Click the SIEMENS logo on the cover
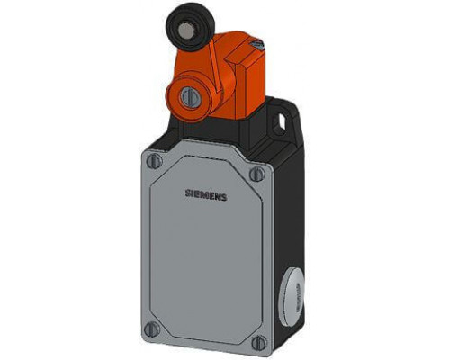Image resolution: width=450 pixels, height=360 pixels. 206,195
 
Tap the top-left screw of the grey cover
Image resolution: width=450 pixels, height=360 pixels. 155,161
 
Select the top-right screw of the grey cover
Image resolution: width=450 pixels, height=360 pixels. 257,174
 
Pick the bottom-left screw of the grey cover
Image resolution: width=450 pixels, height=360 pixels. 152,329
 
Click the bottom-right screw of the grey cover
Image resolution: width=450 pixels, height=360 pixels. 259,342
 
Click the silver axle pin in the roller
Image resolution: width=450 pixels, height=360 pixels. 184,31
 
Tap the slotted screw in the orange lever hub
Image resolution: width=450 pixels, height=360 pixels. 189,96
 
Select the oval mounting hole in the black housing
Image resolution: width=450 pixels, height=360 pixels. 281,121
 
